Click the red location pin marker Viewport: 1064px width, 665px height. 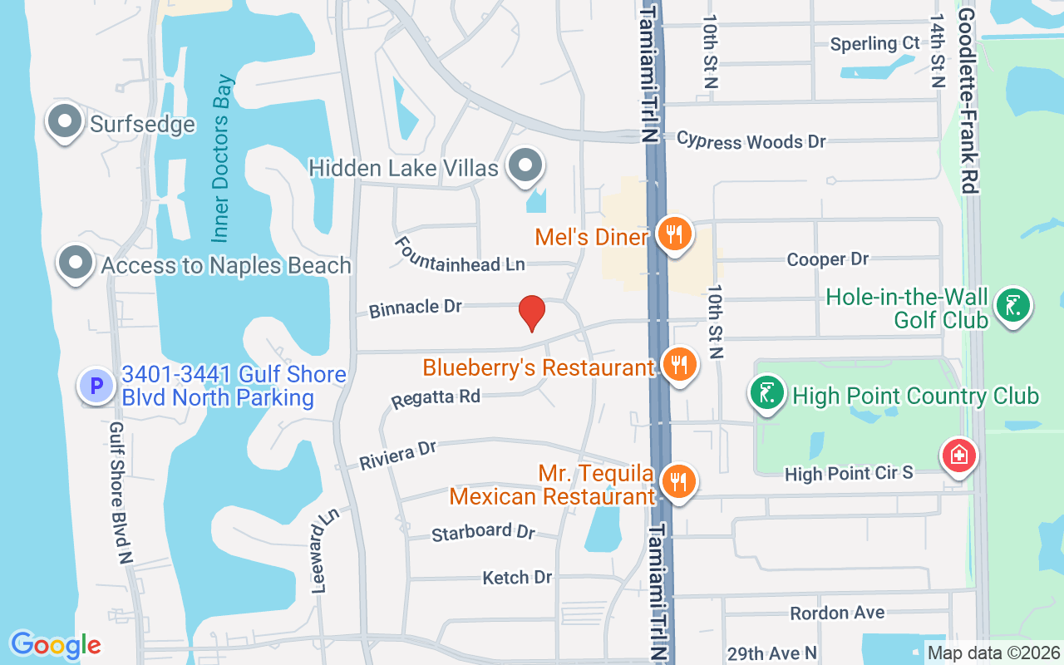coord(531,313)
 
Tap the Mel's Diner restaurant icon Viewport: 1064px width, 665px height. coord(675,234)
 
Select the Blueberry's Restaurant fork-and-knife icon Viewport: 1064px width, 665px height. coord(680,363)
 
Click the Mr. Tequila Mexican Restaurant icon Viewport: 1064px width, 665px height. coord(679,480)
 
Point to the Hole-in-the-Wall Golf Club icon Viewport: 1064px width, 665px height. coord(1012,305)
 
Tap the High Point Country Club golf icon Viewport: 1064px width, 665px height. coord(767,394)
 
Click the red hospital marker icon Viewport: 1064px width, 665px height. coord(958,456)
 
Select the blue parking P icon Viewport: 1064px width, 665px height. coord(96,386)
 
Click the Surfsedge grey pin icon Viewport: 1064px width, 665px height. coord(64,121)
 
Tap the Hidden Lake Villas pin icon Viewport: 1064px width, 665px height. coord(525,165)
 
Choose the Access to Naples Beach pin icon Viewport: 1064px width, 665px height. coord(76,263)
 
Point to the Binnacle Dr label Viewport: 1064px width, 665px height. coord(416,308)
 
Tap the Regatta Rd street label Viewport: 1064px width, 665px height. coord(436,397)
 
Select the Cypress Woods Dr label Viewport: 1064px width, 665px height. coord(751,140)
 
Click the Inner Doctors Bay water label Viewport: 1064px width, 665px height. coord(222,159)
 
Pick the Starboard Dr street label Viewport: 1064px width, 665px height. coord(483,532)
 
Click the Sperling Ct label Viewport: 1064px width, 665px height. coord(875,43)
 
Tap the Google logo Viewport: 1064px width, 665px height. coord(56,645)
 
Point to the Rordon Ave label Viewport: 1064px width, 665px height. coord(837,613)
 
